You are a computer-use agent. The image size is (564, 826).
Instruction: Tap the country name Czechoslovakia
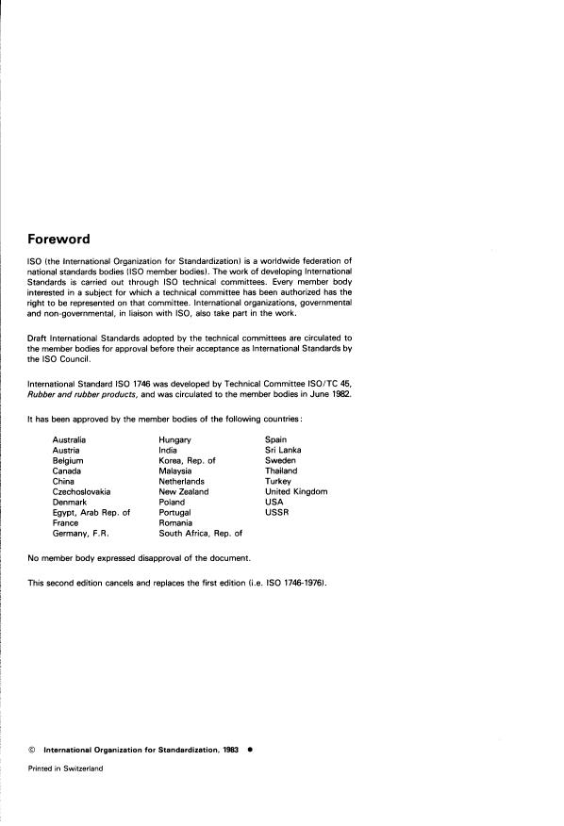(82, 491)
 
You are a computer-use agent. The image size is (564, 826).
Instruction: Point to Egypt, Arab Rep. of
(91, 512)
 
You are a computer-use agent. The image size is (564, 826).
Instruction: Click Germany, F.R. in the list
(83, 533)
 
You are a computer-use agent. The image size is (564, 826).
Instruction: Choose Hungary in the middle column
(175, 440)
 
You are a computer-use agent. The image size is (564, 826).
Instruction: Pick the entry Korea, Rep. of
(188, 461)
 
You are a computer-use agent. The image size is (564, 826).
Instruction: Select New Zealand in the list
(184, 491)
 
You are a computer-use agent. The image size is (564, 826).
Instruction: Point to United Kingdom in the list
(296, 491)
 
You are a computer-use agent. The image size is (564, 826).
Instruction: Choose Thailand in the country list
(282, 471)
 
